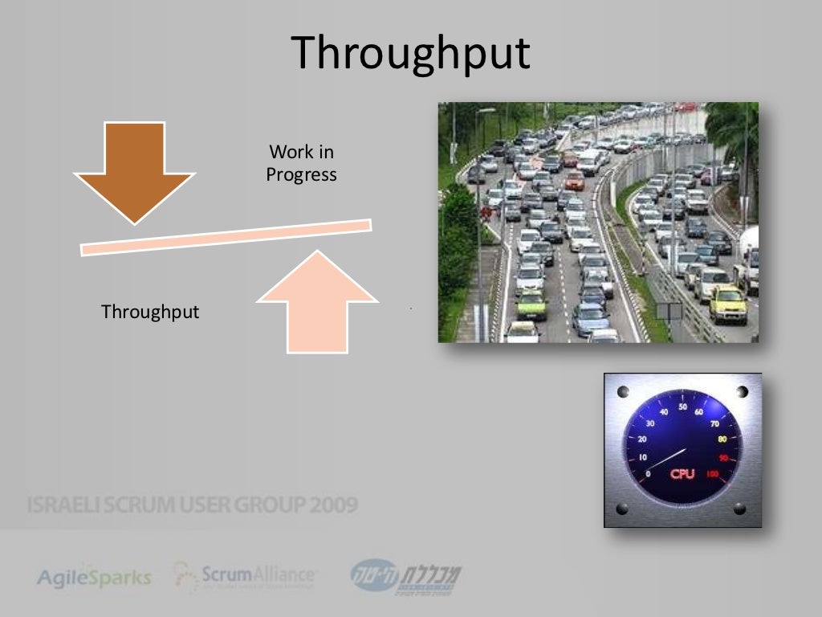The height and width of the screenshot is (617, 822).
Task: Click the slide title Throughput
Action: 410,54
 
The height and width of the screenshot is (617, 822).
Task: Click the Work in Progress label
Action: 301,163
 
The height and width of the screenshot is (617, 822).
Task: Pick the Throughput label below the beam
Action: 150,312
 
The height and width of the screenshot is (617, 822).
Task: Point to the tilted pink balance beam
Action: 226,237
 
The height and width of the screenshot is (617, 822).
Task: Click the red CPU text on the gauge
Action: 682,473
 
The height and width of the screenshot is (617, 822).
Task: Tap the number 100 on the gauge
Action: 712,475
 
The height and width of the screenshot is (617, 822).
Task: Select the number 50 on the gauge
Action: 682,407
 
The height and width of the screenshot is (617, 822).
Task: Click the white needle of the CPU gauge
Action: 666,459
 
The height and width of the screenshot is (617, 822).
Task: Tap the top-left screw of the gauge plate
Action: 625,392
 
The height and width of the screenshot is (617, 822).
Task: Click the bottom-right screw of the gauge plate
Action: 740,509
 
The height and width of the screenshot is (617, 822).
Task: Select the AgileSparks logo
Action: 94,577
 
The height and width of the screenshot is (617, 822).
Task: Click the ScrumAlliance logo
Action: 245,575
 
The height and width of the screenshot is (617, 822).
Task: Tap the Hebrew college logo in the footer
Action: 405,577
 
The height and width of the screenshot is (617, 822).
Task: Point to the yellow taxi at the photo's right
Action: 727,304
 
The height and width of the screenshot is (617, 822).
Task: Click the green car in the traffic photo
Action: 531,304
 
